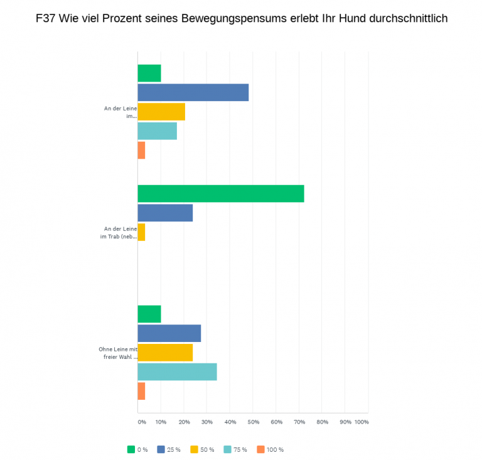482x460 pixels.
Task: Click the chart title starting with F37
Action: [x=242, y=18]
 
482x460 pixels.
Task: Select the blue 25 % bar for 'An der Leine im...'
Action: [x=193, y=92]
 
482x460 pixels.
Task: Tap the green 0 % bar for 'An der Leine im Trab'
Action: [x=220, y=194]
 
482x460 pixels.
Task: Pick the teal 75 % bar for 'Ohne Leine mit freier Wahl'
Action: [x=177, y=372]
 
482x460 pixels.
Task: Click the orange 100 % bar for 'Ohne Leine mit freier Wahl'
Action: [x=141, y=391]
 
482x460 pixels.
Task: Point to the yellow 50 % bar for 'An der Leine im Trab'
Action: [x=141, y=232]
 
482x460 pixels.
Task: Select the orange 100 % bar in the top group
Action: [x=141, y=151]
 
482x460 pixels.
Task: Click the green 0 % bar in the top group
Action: [x=149, y=73]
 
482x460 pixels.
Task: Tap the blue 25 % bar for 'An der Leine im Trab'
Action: [x=165, y=213]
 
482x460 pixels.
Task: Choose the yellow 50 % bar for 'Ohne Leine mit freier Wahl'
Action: [x=165, y=352]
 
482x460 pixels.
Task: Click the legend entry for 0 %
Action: [x=137, y=449]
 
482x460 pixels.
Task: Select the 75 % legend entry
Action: [x=236, y=449]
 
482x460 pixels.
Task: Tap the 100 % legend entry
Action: [x=270, y=449]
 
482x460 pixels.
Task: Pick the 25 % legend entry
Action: [x=171, y=449]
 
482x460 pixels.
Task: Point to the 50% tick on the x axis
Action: [x=253, y=422]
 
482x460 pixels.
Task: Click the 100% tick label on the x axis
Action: [x=361, y=422]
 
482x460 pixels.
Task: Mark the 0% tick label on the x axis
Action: [x=141, y=422]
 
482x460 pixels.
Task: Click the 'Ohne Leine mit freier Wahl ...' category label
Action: [x=118, y=353]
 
